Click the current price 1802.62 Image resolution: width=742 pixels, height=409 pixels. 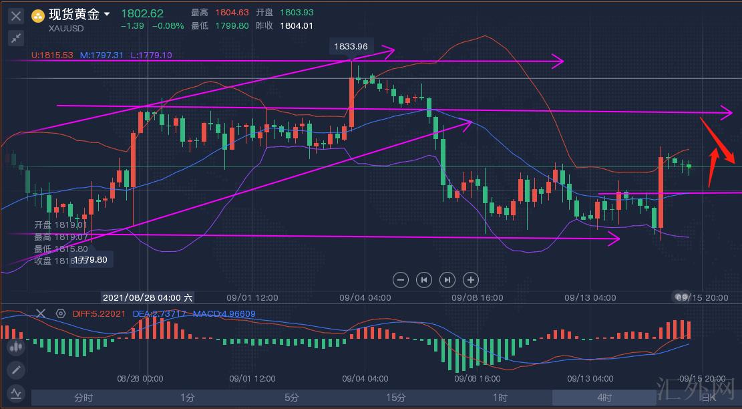tap(142, 13)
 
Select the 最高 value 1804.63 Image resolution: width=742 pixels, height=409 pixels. tap(232, 12)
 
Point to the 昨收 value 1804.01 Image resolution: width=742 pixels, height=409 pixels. tap(297, 25)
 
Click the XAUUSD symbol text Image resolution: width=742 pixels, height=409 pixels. tap(66, 28)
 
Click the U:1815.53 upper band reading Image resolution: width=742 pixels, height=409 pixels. tap(52, 55)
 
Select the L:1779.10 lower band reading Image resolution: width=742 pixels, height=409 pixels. tap(148, 55)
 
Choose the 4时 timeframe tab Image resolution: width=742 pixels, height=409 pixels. tap(604, 398)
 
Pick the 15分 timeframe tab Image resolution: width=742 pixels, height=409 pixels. tap(395, 398)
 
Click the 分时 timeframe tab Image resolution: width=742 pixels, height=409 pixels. tap(83, 398)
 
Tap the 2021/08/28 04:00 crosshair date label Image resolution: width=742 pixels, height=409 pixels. tap(148, 297)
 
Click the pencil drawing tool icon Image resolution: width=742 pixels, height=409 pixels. tap(15, 370)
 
